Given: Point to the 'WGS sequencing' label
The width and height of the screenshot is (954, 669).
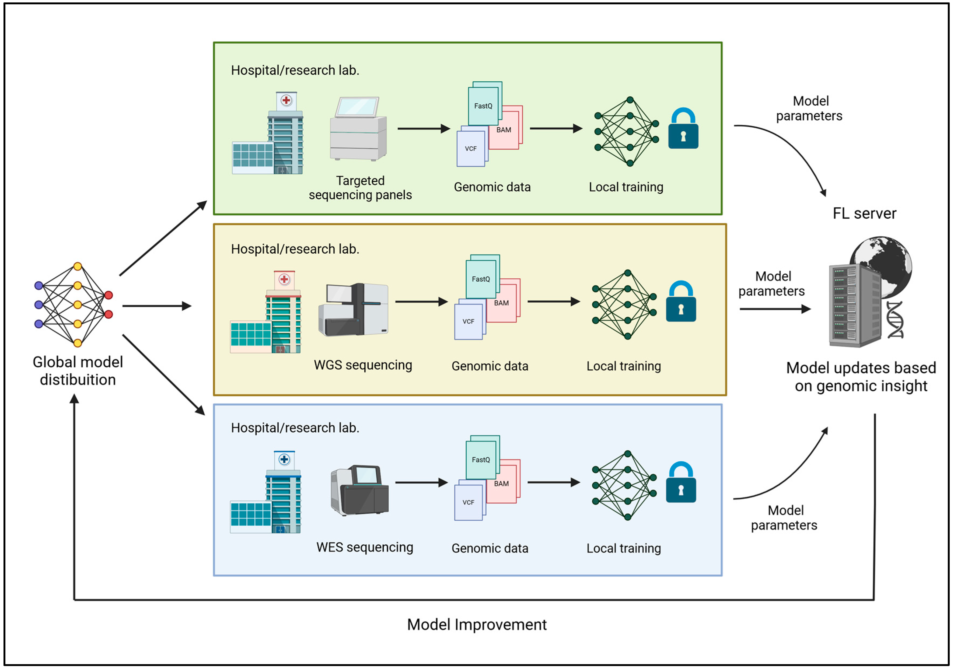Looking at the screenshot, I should (363, 365).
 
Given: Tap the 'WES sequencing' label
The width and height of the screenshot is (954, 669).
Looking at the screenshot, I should (364, 547).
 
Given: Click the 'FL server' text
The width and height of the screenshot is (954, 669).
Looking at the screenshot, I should (864, 213).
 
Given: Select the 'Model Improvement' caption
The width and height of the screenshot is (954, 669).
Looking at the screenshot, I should (477, 625).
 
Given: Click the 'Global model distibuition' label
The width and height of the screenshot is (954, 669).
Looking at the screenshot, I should (78, 371).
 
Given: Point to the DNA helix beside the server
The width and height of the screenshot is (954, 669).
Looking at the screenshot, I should (895, 320).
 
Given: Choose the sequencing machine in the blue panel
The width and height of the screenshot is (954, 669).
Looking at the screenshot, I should (360, 490).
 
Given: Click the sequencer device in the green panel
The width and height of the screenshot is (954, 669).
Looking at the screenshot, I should (358, 129).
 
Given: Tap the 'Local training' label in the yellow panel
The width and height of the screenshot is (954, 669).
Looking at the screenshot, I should (623, 366).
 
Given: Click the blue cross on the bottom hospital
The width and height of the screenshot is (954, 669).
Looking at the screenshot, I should (284, 460).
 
